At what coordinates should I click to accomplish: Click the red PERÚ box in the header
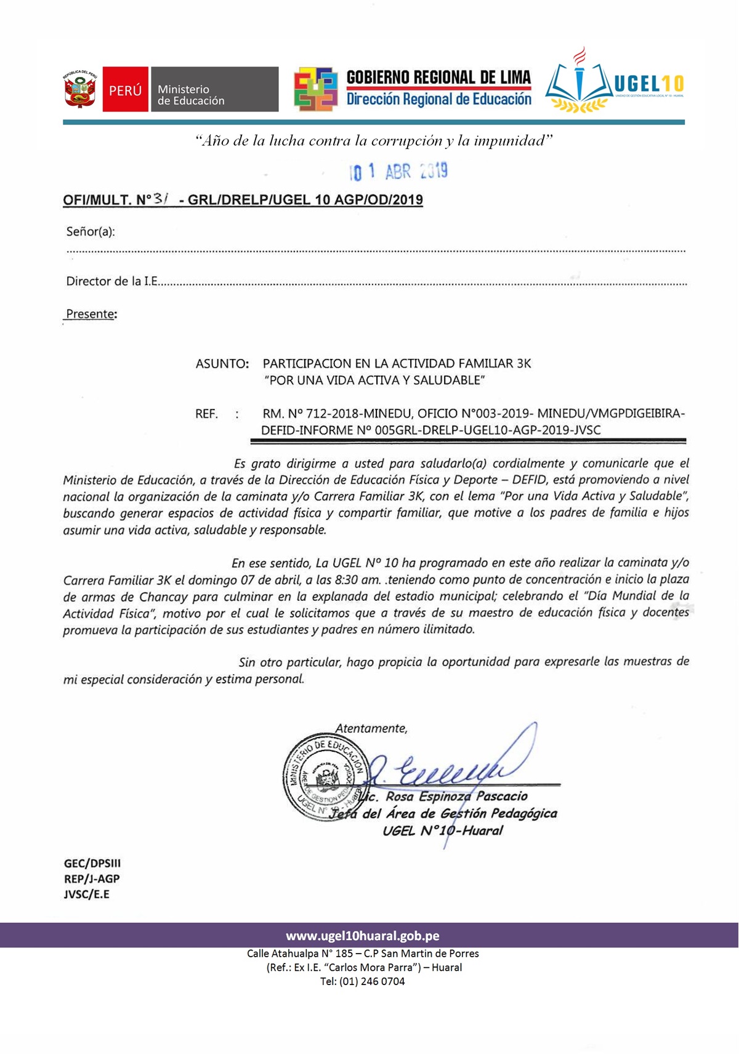pyautogui.click(x=125, y=90)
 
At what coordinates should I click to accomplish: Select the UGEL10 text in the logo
pyautogui.click(x=649, y=84)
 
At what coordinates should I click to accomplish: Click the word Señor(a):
pyautogui.click(x=91, y=232)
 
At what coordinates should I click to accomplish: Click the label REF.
pyautogui.click(x=207, y=414)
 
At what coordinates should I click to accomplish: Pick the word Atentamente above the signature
pyautogui.click(x=371, y=728)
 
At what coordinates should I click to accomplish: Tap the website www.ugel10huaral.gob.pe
pyautogui.click(x=363, y=936)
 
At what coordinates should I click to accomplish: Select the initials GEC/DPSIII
pyautogui.click(x=92, y=863)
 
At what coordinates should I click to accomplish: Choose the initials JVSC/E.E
pyautogui.click(x=87, y=894)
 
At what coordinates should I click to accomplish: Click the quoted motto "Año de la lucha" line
pyautogui.click(x=374, y=141)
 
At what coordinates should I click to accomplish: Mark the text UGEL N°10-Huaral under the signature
pyautogui.click(x=442, y=831)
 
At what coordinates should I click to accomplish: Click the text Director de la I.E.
pyautogui.click(x=112, y=281)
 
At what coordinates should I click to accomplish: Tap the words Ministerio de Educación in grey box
pyautogui.click(x=192, y=95)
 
